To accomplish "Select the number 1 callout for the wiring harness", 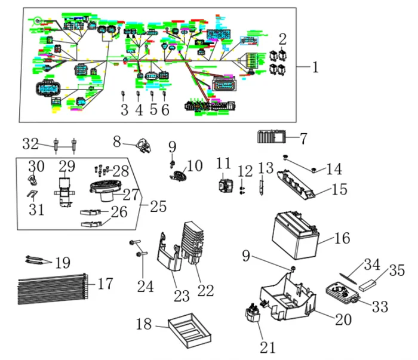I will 315,67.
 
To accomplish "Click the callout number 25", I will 158,207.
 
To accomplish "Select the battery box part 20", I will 287,296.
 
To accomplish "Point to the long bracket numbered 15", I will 299,182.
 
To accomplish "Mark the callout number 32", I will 30,144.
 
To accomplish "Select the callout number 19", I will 62,263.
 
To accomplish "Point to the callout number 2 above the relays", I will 283,41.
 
